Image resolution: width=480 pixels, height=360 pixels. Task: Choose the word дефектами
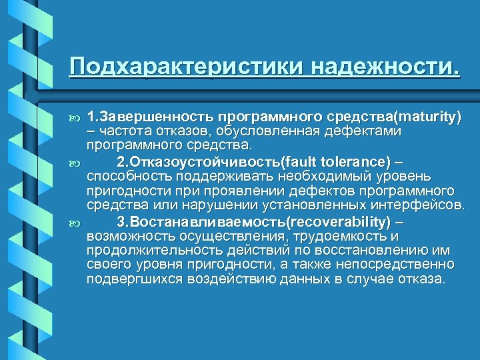point(367,131)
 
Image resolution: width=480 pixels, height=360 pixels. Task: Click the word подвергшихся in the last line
point(126,278)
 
